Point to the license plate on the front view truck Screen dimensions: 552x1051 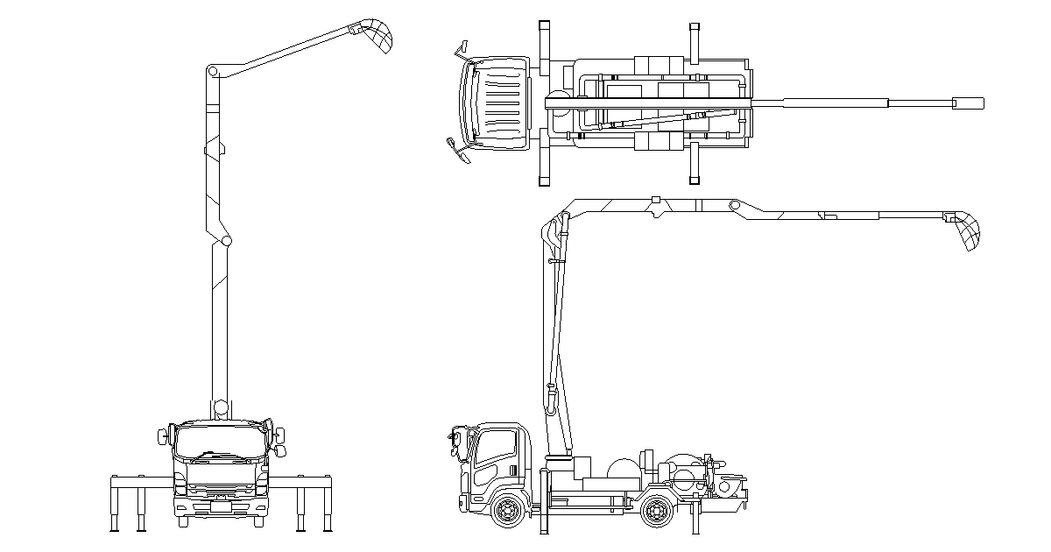[221, 505]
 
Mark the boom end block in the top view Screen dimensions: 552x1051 [968, 103]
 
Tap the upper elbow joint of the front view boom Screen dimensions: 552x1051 [213, 71]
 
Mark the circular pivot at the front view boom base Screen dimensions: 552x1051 [220, 407]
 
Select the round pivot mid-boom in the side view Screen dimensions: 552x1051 [736, 206]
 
